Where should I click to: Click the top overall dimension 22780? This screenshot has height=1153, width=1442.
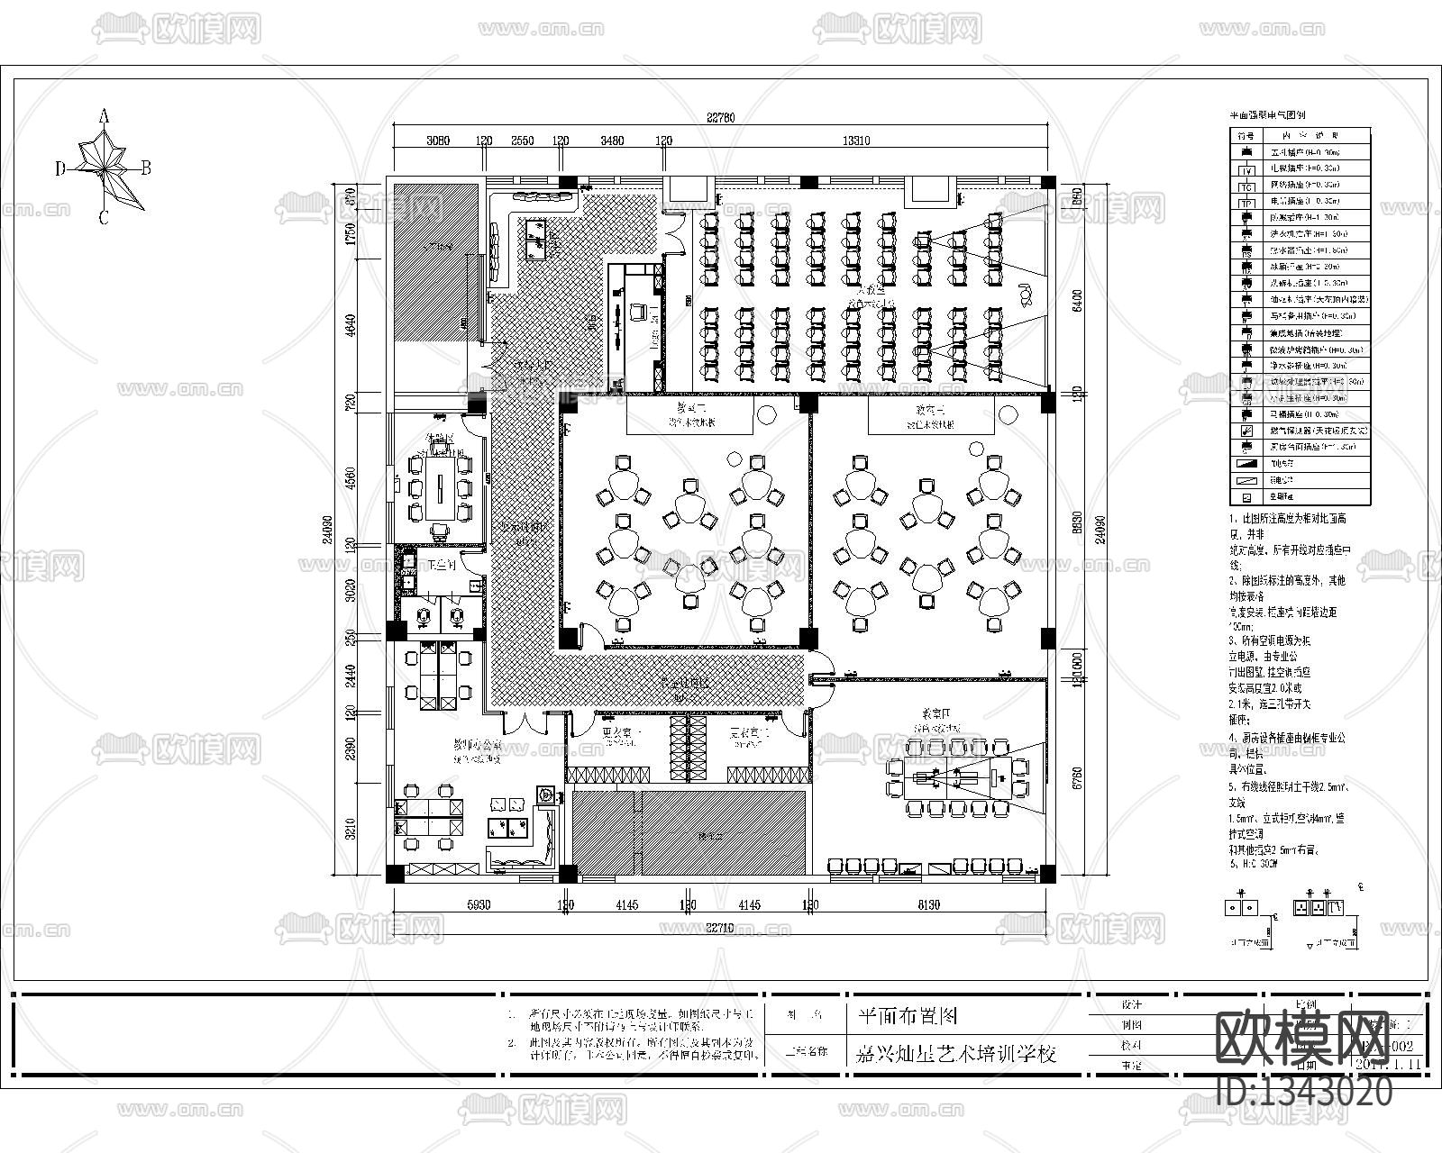click(721, 116)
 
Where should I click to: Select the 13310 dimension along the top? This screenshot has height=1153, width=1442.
click(855, 141)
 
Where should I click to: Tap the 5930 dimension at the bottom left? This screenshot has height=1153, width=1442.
click(478, 905)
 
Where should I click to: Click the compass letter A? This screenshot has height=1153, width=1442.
click(104, 115)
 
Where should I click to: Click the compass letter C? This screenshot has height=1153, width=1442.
click(104, 217)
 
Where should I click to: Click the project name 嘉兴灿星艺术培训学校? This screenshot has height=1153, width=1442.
click(954, 1052)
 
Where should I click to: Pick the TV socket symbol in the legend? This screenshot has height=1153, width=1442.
click(1247, 169)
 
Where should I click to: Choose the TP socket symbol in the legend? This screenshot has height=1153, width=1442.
click(1247, 203)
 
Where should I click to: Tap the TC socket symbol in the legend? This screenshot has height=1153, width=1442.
click(1247, 186)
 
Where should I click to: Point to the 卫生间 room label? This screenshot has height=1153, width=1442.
click(442, 565)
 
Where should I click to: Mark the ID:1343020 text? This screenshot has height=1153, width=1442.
click(1304, 1093)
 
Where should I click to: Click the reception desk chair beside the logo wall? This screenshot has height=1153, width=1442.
click(639, 312)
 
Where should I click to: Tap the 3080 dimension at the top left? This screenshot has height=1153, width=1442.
click(437, 141)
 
